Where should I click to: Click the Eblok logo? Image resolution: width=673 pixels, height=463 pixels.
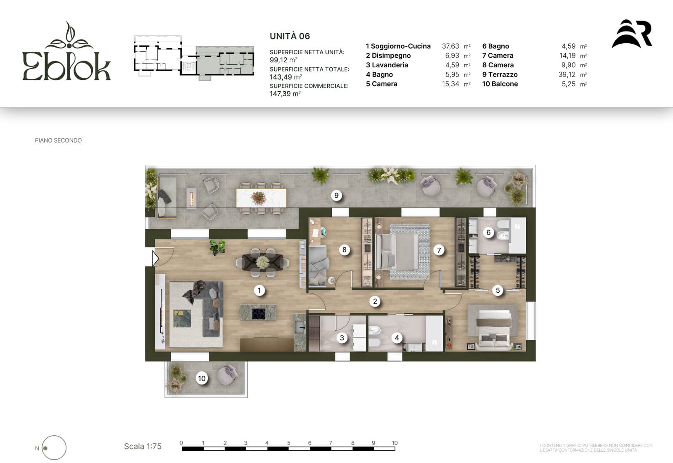pos(66,51)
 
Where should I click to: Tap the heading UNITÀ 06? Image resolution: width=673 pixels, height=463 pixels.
pos(290,36)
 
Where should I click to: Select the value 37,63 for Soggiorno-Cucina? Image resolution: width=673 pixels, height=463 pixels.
pos(450,46)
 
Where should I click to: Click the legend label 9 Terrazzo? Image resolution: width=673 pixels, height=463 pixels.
pos(500,74)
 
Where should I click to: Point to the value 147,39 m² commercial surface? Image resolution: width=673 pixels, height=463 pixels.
pos(285,94)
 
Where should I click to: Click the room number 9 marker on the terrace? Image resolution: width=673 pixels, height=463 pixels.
pos(336,196)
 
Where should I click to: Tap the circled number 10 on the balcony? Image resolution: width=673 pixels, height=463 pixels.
pos(201,378)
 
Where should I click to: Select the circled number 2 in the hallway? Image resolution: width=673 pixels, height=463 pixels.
pos(375,302)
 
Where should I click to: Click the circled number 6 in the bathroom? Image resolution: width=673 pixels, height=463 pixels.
pos(488,232)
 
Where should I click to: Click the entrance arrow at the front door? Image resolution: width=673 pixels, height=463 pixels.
pos(155,258)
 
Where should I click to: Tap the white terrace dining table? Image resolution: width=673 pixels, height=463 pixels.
pos(261,198)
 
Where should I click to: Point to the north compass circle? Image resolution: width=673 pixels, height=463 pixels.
pos(54,448)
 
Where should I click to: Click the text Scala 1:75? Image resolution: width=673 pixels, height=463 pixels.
pos(143,447)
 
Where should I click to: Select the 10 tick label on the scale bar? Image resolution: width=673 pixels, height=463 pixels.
pos(395,443)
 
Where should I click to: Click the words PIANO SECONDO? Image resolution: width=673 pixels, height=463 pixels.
pos(58,140)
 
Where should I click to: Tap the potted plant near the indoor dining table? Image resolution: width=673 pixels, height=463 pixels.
pos(217,247)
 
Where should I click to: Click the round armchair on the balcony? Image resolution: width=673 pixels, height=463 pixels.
pos(228,375)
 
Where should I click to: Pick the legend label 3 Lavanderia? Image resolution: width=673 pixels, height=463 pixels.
pos(387,65)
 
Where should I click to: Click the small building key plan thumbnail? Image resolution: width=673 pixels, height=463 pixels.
pos(194,58)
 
